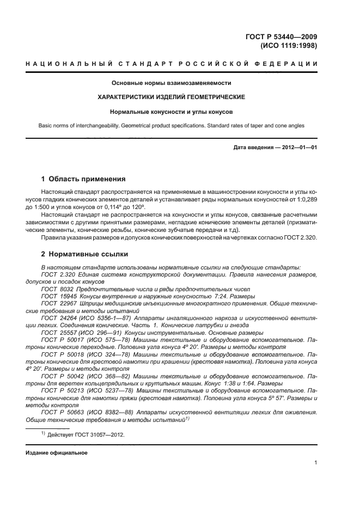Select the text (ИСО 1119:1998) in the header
pyautogui.click(x=289, y=46)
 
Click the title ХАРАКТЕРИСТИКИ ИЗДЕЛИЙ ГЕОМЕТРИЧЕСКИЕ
pyautogui.click(x=171, y=97)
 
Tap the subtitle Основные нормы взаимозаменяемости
pyautogui.click(x=171, y=83)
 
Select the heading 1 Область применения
pyautogui.click(x=84, y=179)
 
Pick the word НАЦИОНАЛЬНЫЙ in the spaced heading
pyautogui.click(x=57, y=65)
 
